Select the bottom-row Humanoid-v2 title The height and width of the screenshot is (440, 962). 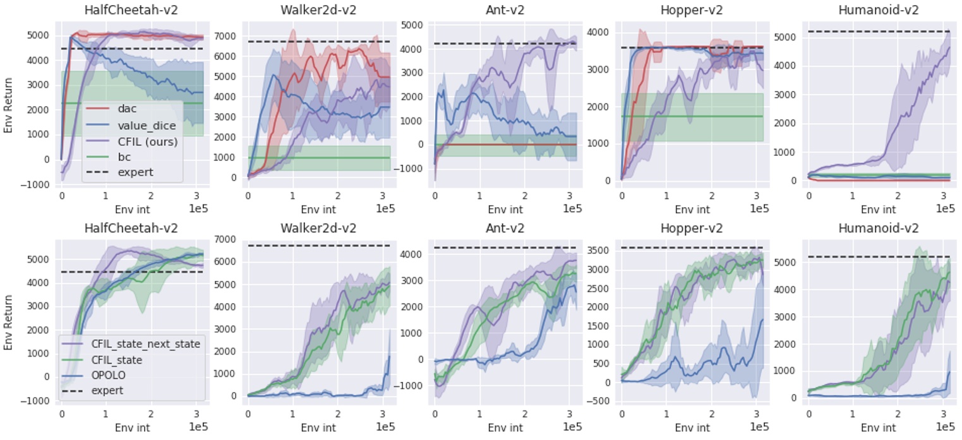[879, 227]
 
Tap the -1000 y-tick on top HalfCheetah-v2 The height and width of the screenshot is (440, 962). [36, 184]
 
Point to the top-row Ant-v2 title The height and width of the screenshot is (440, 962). [504, 9]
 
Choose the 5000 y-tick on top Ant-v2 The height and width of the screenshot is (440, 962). [412, 25]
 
